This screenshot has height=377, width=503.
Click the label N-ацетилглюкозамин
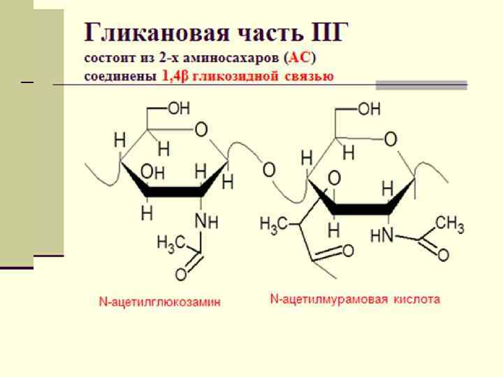point(159,302)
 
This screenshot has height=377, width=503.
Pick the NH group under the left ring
point(206,221)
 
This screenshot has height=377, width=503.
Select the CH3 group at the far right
point(450,226)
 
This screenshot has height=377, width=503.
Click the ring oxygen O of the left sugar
point(201,130)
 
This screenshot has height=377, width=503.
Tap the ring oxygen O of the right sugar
point(391,140)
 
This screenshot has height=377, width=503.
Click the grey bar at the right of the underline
point(421,85)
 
